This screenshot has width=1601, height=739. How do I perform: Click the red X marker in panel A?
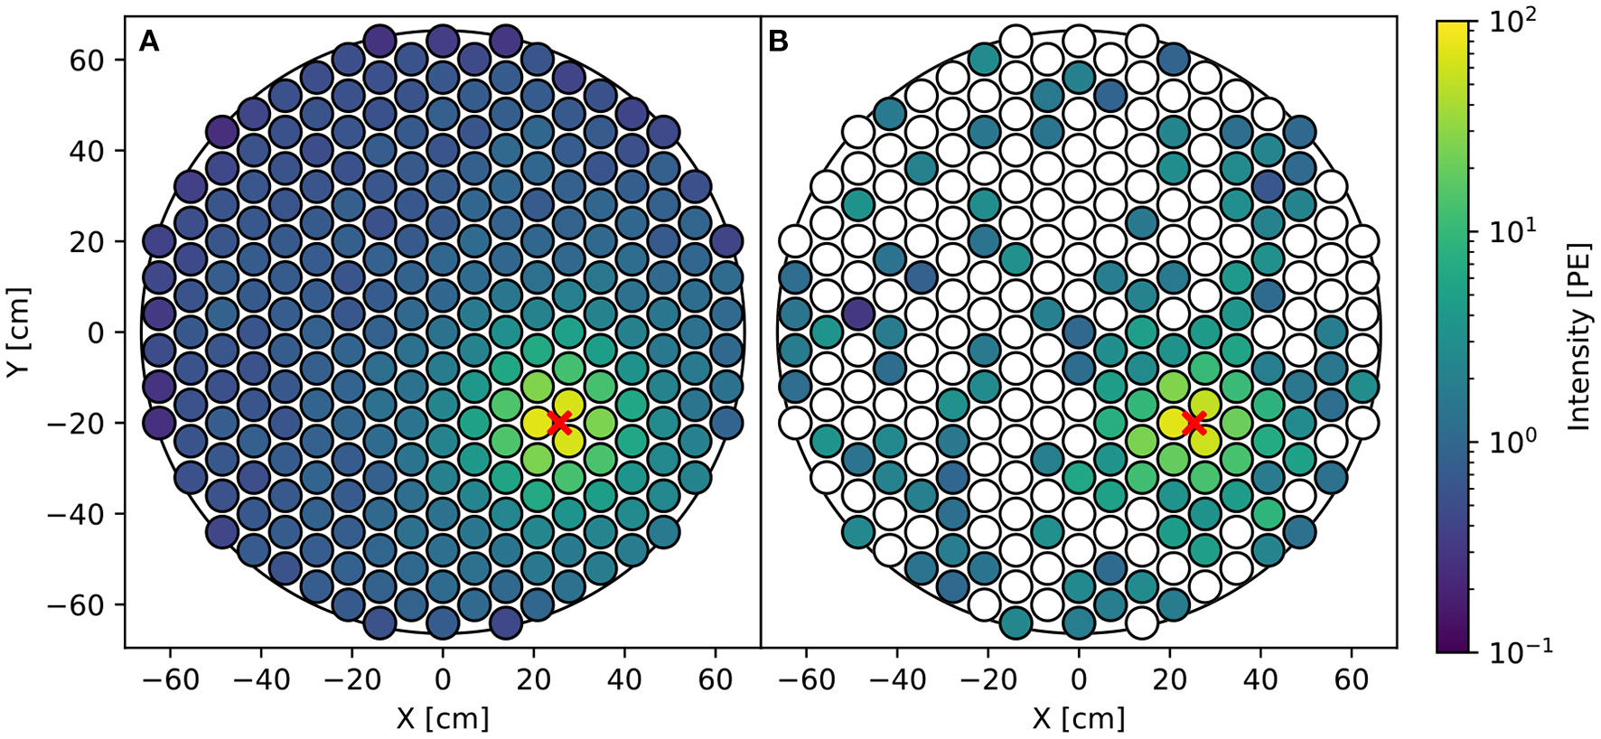pyautogui.click(x=559, y=422)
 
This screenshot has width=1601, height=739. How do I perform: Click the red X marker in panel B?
pyautogui.click(x=1195, y=422)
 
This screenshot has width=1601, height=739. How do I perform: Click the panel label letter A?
pyautogui.click(x=149, y=42)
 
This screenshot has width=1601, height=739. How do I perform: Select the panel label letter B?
pyautogui.click(x=777, y=42)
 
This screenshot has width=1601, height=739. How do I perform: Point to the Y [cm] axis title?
pyautogui.click(x=19, y=332)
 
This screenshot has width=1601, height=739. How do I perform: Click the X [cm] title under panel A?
pyautogui.click(x=442, y=719)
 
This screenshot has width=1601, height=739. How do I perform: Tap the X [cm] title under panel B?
pyautogui.click(x=1078, y=719)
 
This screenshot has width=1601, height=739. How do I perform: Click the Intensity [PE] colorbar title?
pyautogui.click(x=1579, y=335)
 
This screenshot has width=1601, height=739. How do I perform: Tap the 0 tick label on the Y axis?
pyautogui.click(x=97, y=332)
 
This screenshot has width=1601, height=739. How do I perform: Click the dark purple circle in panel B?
pyautogui.click(x=857, y=314)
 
